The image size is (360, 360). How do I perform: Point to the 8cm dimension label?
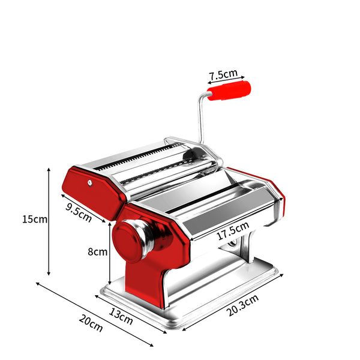point(97,252)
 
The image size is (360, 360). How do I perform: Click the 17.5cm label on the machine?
point(232,231)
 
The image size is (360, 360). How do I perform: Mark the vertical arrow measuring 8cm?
point(109,252)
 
